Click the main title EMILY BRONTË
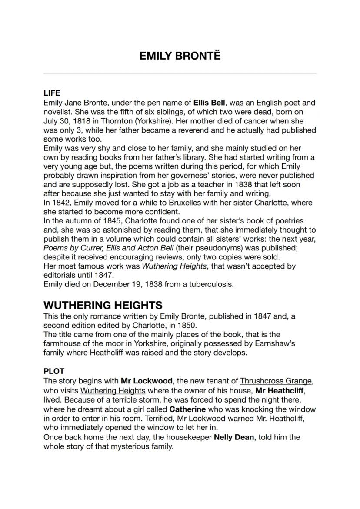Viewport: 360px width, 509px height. coord(180,56)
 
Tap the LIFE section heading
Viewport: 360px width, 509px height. coord(52,93)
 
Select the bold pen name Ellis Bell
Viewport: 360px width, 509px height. coord(210,103)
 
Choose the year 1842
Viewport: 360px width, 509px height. coord(60,203)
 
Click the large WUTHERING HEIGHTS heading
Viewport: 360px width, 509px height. coord(103,305)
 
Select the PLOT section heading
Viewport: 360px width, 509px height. coord(54,371)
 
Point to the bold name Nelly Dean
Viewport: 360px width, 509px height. coord(233,437)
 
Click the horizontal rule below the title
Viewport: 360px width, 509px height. coord(180,73)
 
